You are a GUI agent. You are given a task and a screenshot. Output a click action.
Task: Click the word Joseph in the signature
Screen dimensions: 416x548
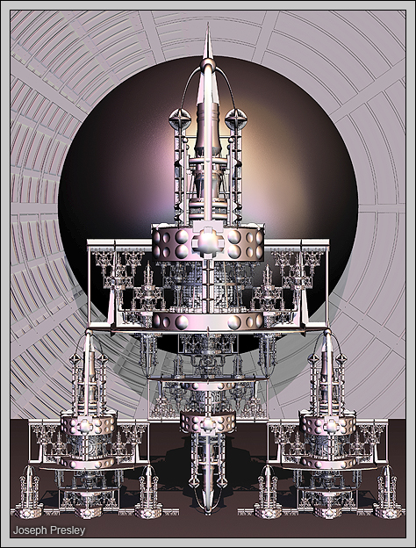[x=30, y=530]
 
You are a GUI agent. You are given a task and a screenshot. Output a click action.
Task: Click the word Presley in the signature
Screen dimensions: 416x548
[x=67, y=530]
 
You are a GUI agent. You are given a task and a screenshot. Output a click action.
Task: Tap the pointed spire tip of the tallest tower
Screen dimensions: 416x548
[x=208, y=24]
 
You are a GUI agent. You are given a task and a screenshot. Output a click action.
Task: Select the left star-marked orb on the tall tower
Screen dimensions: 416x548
[x=180, y=119]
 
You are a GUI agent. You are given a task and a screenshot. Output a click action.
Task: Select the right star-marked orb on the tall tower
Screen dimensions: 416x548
[x=236, y=119]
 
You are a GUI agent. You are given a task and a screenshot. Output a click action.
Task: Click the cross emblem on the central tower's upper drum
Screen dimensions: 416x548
[x=208, y=242]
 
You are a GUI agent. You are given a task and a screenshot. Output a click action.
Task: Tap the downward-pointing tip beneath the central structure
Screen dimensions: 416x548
[x=208, y=513]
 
